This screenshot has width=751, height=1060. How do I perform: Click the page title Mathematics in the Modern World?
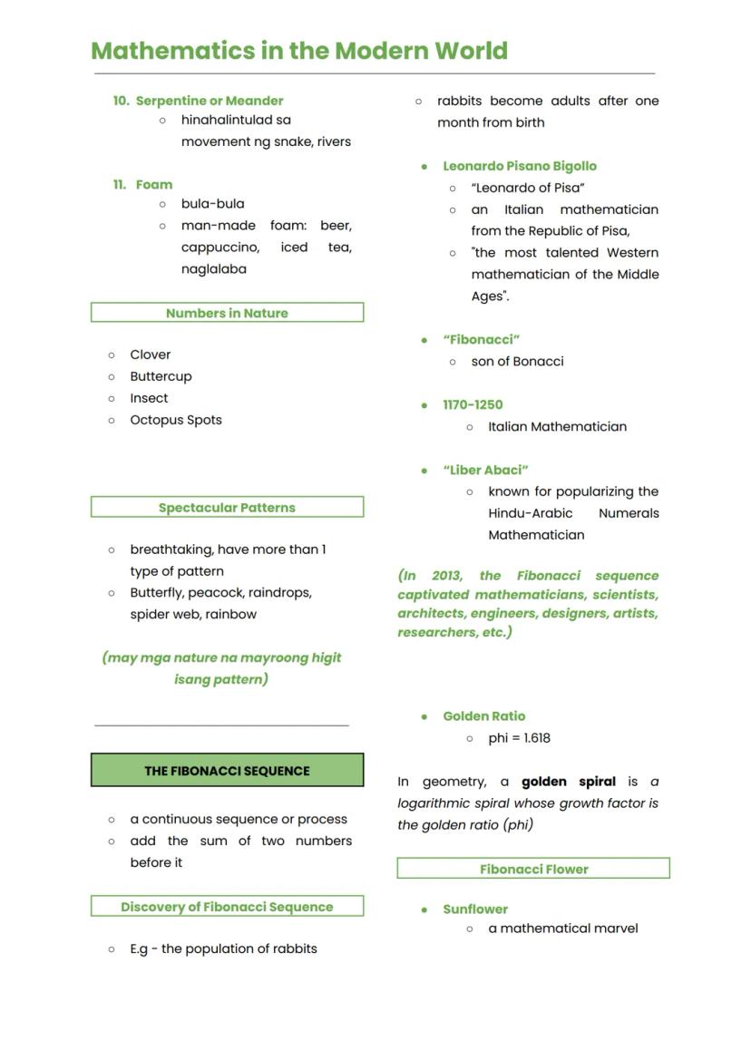(x=299, y=51)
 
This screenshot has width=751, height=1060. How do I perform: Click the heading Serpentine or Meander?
(x=210, y=101)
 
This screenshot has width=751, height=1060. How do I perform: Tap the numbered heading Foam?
(x=153, y=184)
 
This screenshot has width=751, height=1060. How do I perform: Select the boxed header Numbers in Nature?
(x=227, y=313)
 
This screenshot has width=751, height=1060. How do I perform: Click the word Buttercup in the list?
(x=161, y=376)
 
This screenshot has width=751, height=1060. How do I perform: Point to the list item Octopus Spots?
(x=175, y=420)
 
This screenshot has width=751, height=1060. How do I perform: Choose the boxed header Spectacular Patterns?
(x=227, y=508)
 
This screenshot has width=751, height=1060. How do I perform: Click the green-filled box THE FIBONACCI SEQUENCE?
(x=227, y=771)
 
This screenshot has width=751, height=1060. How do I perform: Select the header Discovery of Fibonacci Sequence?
(x=227, y=907)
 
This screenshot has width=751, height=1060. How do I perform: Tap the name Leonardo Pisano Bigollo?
(x=520, y=166)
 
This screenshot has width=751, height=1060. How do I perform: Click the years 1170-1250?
(x=473, y=404)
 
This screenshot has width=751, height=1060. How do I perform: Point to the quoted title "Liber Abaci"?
(x=485, y=470)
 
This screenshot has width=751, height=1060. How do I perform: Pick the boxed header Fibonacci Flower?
(x=533, y=870)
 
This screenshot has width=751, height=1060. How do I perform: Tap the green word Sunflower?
(x=475, y=909)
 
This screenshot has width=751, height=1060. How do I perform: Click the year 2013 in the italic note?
(x=445, y=576)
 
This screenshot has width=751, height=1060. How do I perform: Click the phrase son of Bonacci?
(x=517, y=361)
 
